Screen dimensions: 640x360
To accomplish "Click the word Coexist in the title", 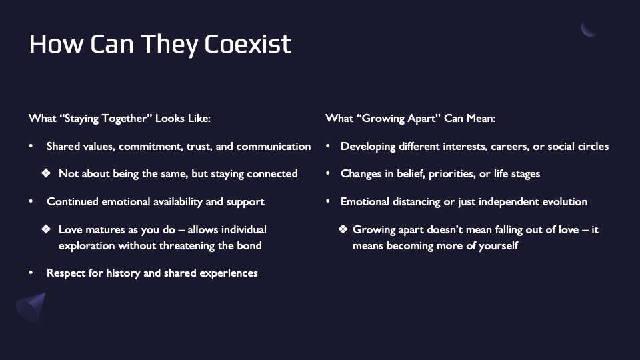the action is click(x=248, y=44).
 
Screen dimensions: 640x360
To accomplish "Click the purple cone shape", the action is click(x=31, y=307).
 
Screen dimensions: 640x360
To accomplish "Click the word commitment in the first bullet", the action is click(x=151, y=147).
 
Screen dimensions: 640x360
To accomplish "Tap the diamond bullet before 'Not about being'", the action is click(x=46, y=173).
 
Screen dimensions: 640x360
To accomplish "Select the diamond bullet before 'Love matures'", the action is click(x=46, y=229).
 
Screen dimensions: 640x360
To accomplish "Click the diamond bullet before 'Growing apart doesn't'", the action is click(x=343, y=229).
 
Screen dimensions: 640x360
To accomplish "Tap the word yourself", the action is click(x=499, y=246).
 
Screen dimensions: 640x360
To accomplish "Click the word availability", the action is click(x=152, y=202).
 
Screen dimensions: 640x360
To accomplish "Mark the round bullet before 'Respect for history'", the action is click(x=31, y=272).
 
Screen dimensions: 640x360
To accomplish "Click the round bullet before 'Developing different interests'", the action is click(x=328, y=146).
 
